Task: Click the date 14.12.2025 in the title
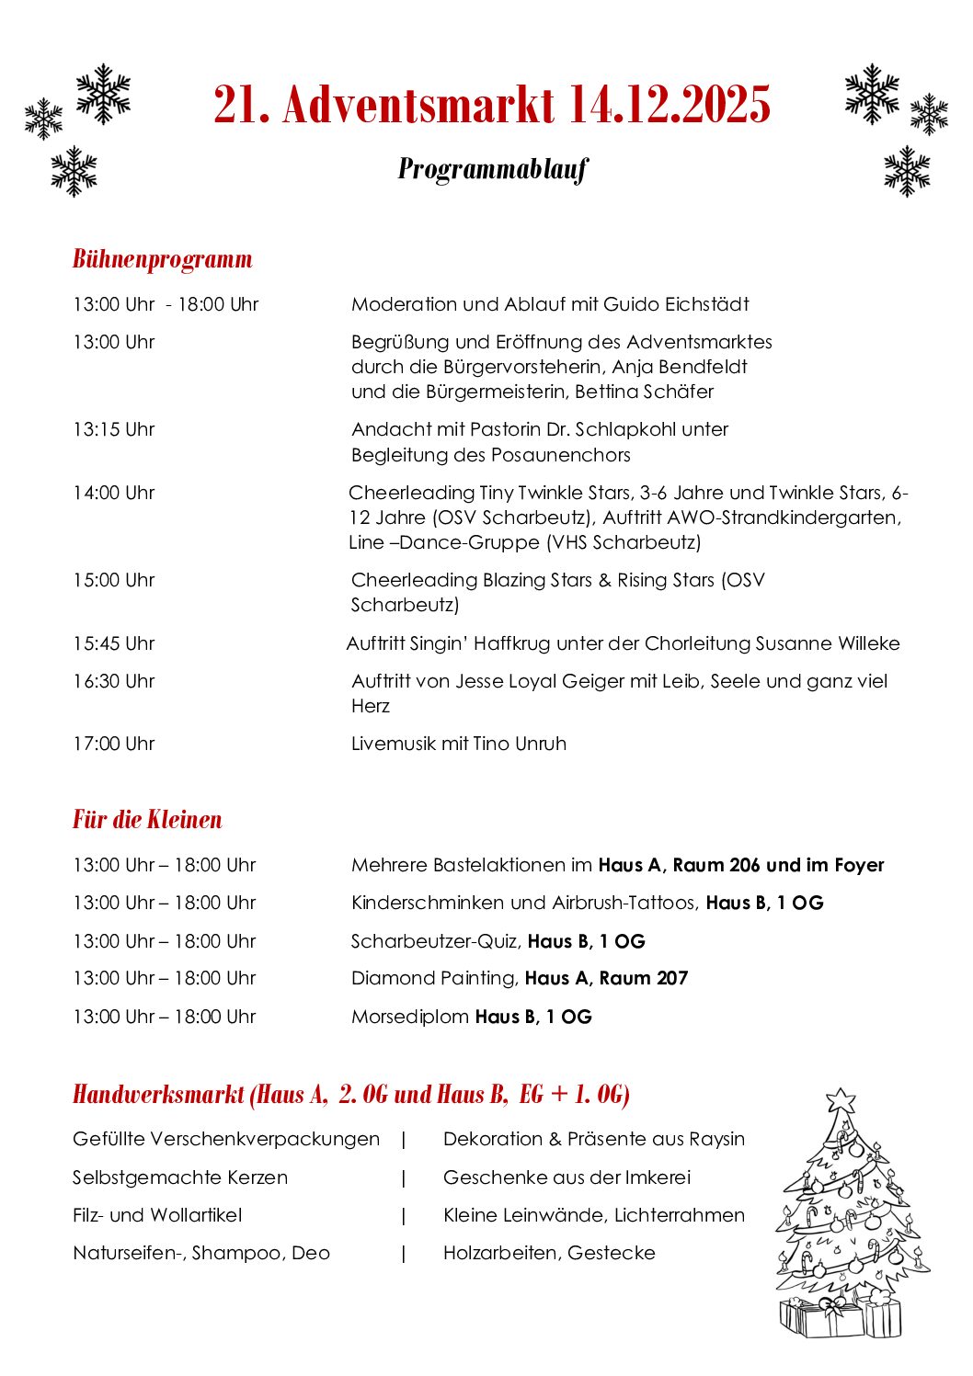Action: click(x=669, y=105)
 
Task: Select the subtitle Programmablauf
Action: click(x=493, y=169)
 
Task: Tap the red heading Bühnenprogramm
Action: click(x=163, y=259)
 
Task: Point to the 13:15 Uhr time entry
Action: click(x=114, y=429)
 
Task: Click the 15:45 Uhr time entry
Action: click(x=114, y=643)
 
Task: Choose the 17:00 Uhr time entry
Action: click(x=114, y=744)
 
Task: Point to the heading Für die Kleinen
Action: click(x=147, y=820)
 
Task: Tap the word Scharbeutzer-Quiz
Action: click(x=435, y=941)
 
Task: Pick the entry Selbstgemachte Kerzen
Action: click(x=180, y=1177)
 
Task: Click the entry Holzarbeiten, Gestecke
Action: click(x=549, y=1253)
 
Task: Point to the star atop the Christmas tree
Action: click(x=841, y=1100)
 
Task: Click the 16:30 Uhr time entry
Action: click(x=114, y=681)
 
